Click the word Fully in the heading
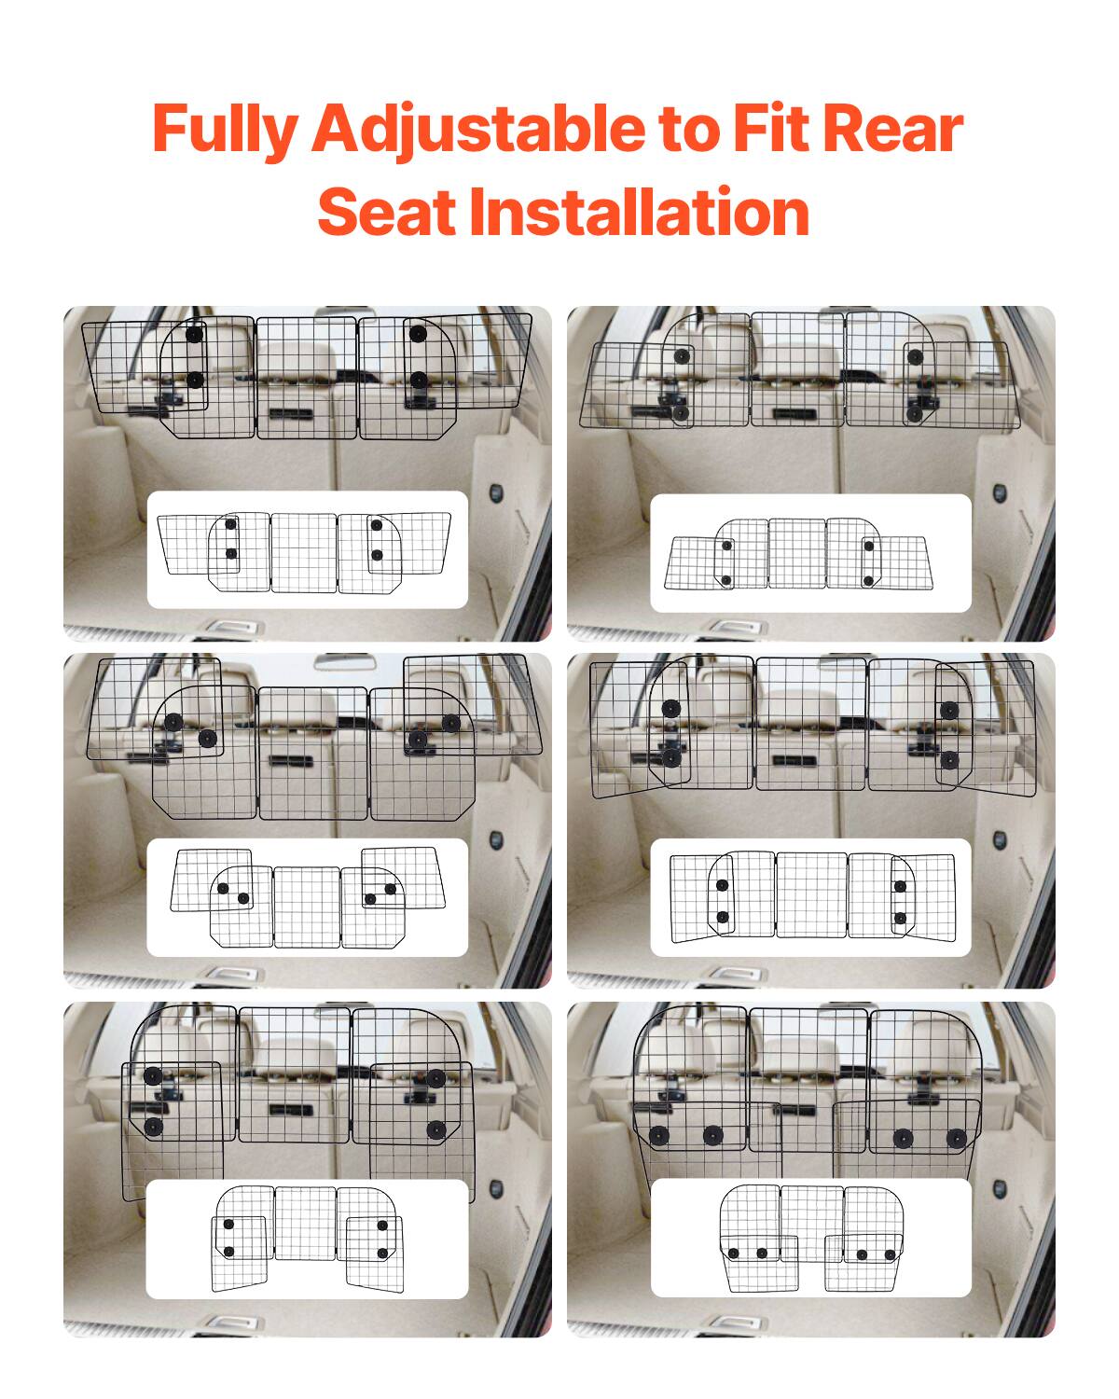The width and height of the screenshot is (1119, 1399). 223,130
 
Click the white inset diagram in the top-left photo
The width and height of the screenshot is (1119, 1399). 307,550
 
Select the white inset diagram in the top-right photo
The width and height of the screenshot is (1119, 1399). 810,553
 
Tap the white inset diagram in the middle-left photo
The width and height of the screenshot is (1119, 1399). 307,897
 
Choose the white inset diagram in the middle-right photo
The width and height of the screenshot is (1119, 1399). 810,897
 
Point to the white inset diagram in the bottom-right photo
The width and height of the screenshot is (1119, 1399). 810,1238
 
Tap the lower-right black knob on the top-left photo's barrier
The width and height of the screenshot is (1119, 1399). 419,380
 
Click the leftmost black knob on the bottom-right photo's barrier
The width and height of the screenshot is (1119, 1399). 659,1137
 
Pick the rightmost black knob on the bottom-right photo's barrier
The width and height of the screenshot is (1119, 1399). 956,1138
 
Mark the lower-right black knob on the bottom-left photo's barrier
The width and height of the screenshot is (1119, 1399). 435,1129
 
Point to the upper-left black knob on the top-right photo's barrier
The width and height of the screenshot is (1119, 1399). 683,355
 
